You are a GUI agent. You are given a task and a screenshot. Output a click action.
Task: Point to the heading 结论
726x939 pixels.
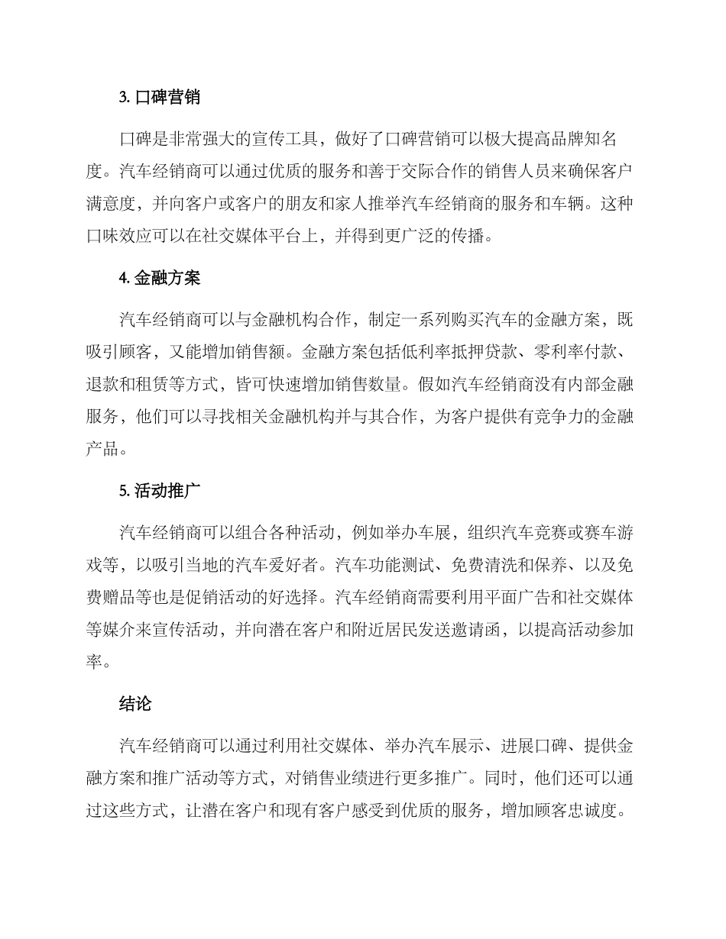click(x=136, y=704)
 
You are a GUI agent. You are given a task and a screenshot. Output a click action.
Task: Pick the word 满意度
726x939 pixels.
click(x=112, y=205)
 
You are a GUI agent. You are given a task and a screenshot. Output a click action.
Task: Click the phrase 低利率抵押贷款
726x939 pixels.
click(x=455, y=352)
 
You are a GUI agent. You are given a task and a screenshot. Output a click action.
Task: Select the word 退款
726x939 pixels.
click(x=103, y=383)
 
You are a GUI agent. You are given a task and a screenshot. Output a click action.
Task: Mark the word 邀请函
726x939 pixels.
click(x=472, y=630)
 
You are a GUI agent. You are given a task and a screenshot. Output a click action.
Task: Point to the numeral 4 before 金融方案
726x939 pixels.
click(x=123, y=278)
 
